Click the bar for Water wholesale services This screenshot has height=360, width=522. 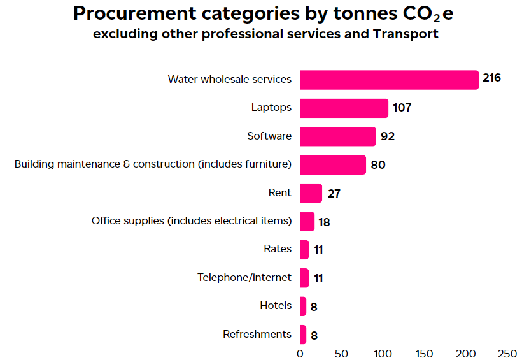[388, 80]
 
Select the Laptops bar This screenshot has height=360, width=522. [344, 108]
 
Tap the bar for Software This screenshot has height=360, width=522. [337, 136]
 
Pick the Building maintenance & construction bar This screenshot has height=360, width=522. [332, 164]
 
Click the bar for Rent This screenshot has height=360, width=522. [311, 193]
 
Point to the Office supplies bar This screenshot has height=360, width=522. [307, 221]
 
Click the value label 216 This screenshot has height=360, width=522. [491, 78]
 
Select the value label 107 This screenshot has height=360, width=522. [402, 107]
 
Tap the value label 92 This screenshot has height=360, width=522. [388, 136]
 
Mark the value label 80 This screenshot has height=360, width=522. [378, 165]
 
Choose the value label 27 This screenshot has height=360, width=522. [334, 193]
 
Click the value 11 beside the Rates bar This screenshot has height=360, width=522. [318, 250]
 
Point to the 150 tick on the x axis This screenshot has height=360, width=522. [425, 353]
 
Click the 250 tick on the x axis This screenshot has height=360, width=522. [507, 353]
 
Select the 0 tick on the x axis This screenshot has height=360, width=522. [300, 353]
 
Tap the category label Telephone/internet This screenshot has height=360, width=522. [244, 277]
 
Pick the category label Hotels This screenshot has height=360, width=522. [276, 305]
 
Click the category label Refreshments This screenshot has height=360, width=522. [257, 334]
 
